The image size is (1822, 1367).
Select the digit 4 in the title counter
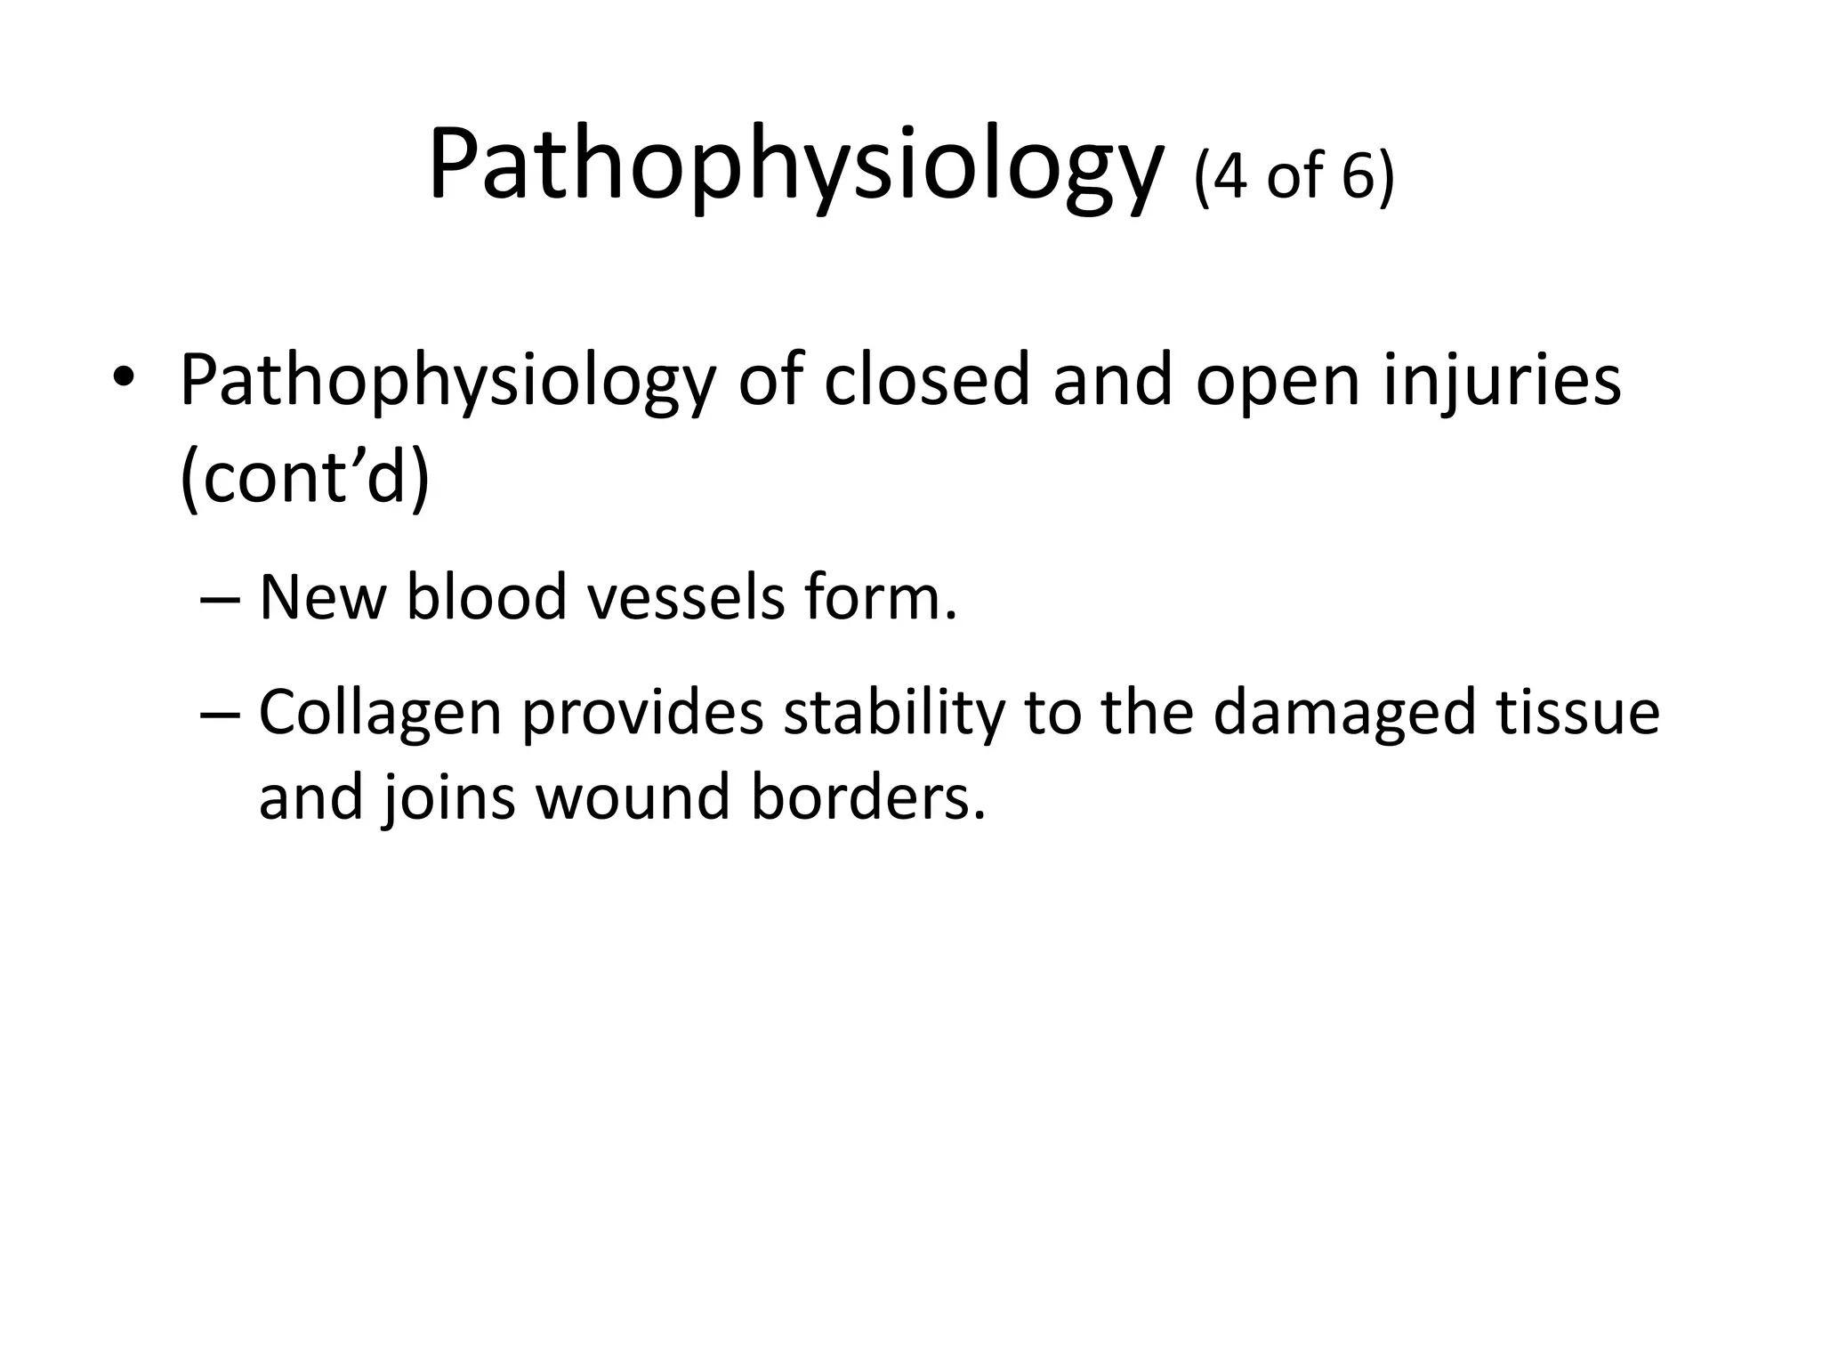click(x=1229, y=176)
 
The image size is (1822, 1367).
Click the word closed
click(x=927, y=381)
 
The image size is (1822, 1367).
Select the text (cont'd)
click(x=305, y=478)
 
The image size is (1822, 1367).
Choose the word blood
click(x=487, y=597)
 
